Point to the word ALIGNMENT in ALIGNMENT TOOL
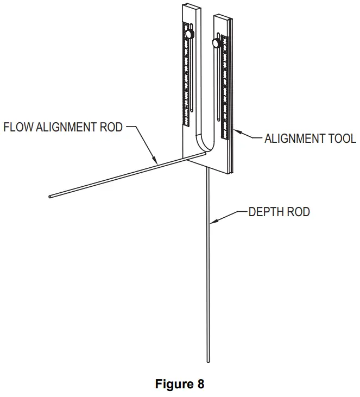[292, 138]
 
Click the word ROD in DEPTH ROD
[299, 212]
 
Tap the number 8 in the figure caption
[201, 385]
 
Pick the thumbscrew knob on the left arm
[190, 34]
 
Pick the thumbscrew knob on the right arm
[217, 42]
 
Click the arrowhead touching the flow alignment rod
[156, 162]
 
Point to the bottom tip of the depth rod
[208, 360]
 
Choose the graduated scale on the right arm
[226, 81]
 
